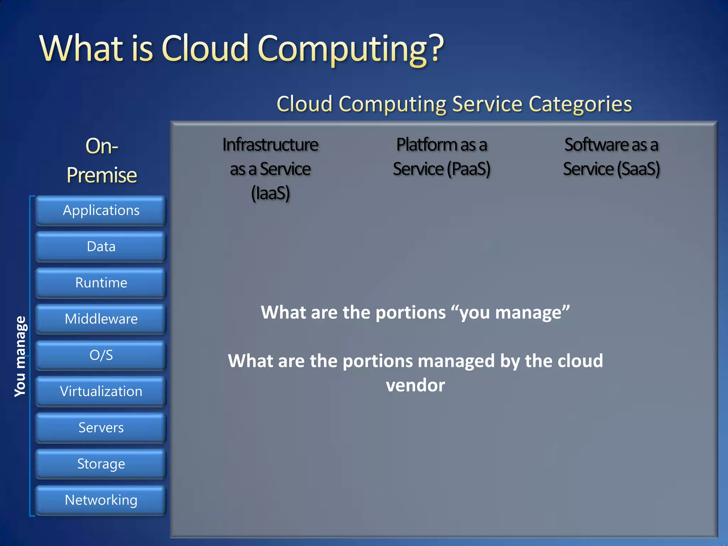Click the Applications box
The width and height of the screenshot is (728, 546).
(x=101, y=210)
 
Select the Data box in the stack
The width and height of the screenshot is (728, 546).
(x=101, y=247)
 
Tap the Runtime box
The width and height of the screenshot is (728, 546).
(x=101, y=283)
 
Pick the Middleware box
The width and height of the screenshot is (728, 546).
(x=101, y=319)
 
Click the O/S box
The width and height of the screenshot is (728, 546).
(x=101, y=355)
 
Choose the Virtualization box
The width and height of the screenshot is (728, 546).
(x=101, y=391)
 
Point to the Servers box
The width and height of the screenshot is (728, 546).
(x=101, y=428)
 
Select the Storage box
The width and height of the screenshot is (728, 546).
(x=101, y=464)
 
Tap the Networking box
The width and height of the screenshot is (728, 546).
(x=101, y=500)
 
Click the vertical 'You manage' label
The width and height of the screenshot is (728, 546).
(x=20, y=356)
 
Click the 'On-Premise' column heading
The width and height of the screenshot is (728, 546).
(x=102, y=161)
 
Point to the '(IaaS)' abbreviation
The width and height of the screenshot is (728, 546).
(x=271, y=193)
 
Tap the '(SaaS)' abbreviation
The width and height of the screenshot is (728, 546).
(x=638, y=169)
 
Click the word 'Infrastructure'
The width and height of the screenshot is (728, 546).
(x=271, y=145)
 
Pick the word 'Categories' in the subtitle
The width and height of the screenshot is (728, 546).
(x=580, y=104)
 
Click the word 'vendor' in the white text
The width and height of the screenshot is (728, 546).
(x=415, y=385)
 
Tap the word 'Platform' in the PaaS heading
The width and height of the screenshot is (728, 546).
(x=427, y=145)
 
